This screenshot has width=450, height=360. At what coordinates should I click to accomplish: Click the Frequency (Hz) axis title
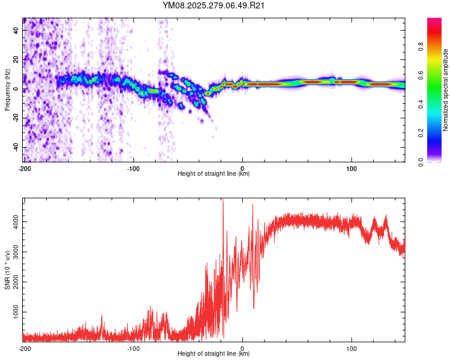click(7, 90)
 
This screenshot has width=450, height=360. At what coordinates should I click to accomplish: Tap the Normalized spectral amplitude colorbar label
click(446, 90)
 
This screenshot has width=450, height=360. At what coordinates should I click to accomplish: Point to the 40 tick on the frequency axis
click(16, 30)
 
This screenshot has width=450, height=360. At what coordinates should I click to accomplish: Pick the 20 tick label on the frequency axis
click(16, 59)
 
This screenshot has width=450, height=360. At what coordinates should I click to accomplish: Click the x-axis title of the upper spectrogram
click(214, 173)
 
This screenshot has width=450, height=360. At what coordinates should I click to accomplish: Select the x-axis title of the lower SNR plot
click(214, 354)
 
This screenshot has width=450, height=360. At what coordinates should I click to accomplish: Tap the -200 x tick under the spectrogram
click(25, 168)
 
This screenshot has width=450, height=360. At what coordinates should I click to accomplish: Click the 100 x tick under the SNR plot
click(351, 348)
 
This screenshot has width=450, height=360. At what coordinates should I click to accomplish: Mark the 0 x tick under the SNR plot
click(242, 348)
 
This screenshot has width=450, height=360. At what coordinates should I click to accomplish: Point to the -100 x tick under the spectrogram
click(133, 168)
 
